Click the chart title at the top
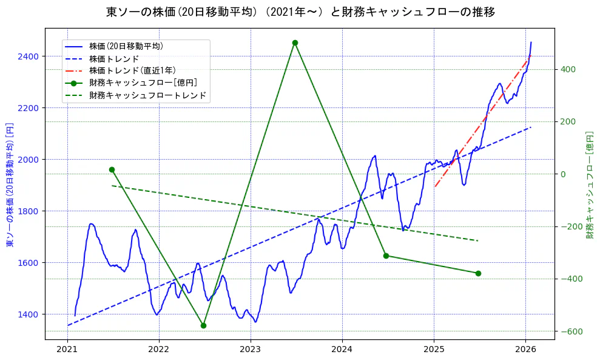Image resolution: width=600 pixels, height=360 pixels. (300, 12)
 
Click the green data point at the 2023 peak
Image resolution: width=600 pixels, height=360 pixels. (295, 42)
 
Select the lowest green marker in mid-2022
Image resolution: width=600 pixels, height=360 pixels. (203, 325)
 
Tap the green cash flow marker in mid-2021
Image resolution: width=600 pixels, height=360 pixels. (112, 169)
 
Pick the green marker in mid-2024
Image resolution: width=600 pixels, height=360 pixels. (386, 256)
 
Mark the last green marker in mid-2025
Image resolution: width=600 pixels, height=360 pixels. (478, 273)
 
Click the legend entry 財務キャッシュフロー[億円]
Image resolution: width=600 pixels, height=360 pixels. (143, 83)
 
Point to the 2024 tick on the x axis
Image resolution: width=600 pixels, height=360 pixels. (342, 350)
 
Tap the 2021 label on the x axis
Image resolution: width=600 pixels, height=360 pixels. (67, 350)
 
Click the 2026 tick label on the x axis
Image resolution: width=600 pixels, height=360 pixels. (525, 350)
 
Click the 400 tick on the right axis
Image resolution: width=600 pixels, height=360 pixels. (568, 69)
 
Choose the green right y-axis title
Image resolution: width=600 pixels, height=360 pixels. (590, 183)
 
